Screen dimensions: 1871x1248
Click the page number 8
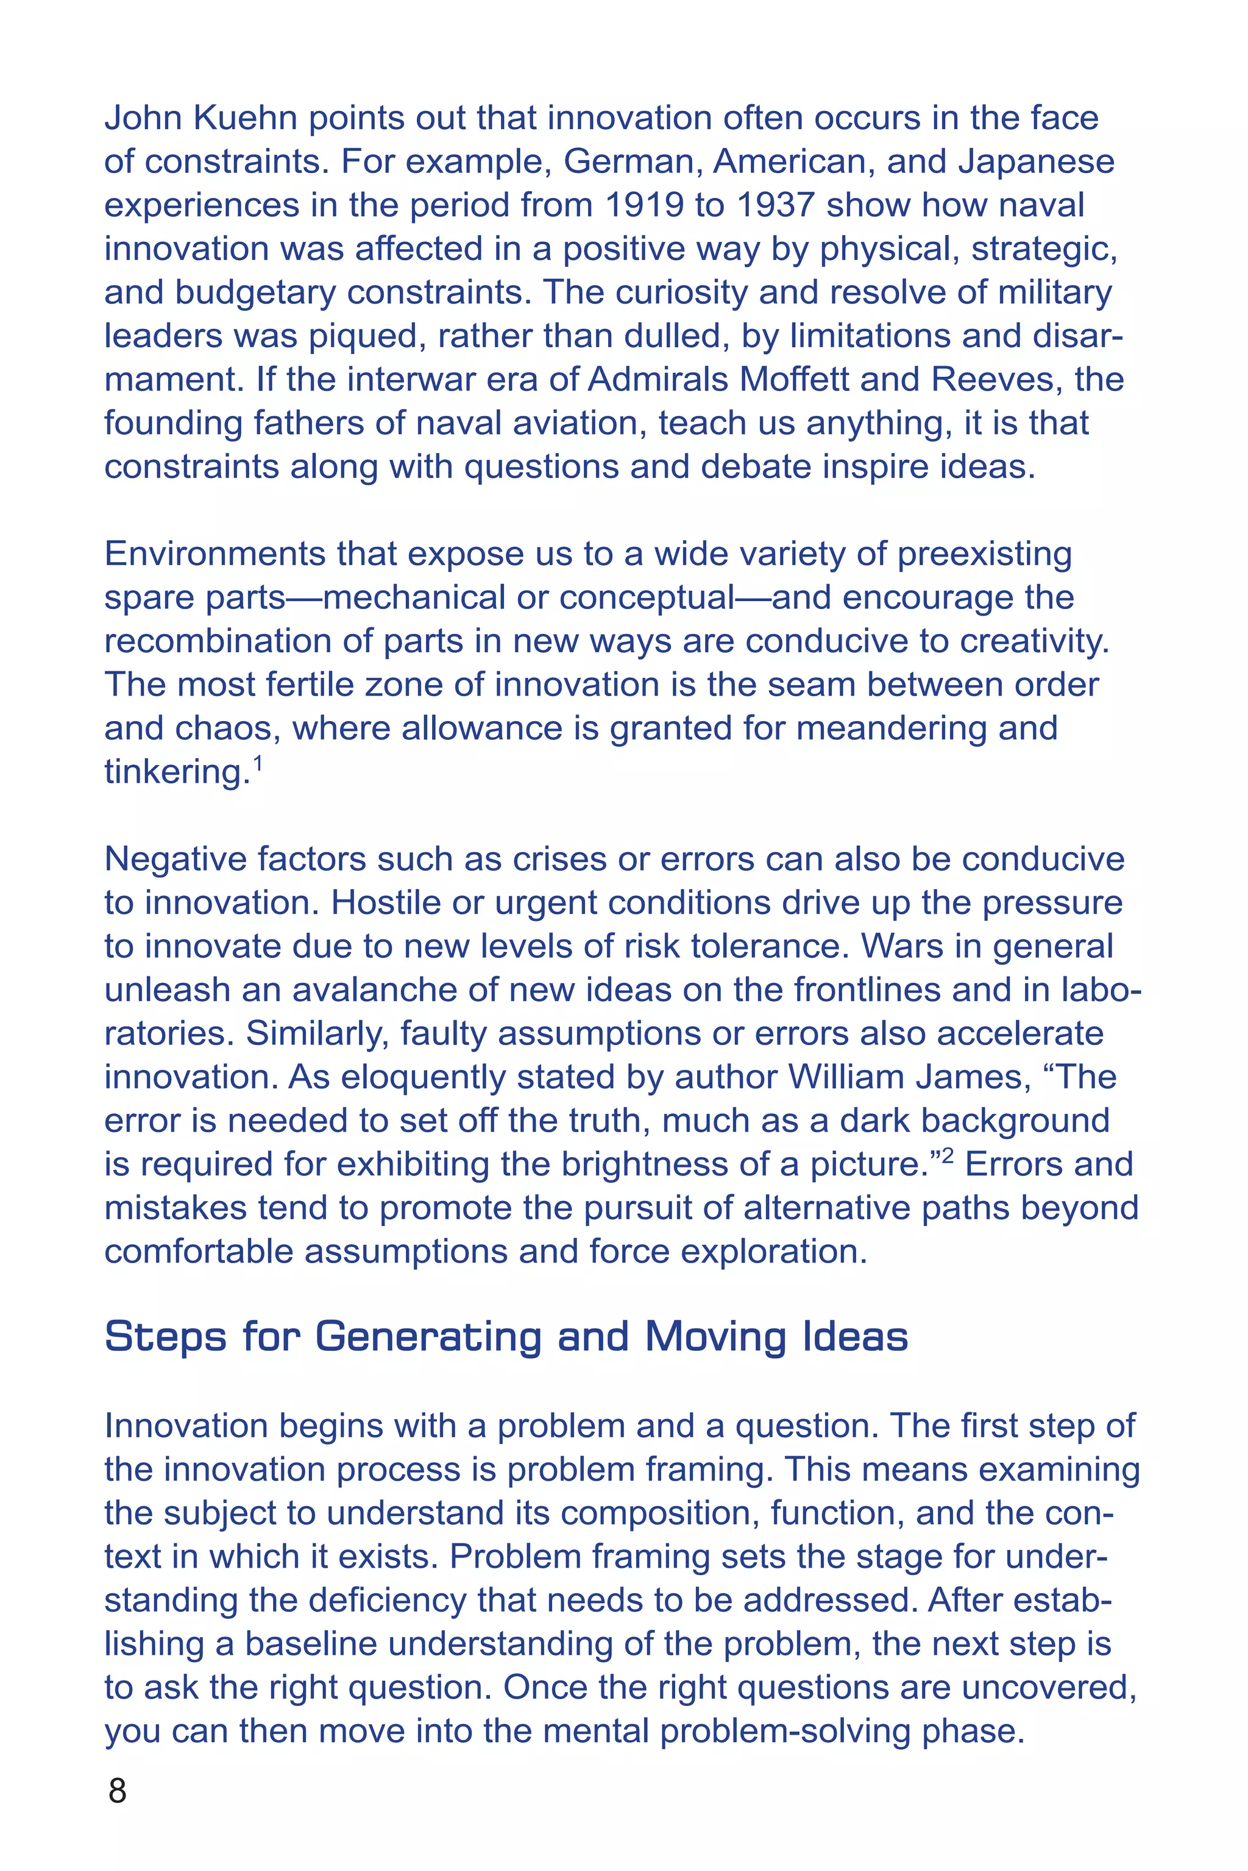click(117, 1791)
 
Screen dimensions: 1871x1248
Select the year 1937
click(775, 205)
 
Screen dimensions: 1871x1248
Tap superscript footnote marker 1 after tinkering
click(257, 765)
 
